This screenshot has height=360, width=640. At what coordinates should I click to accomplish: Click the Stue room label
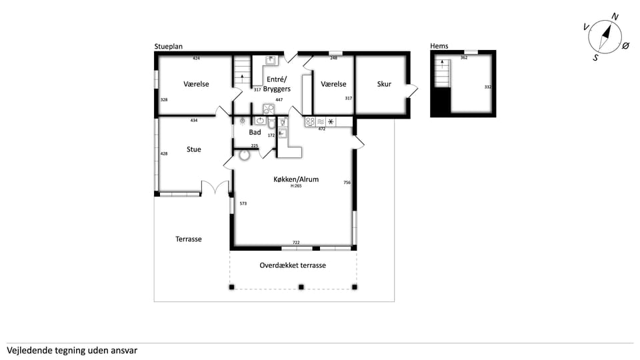pos(194,149)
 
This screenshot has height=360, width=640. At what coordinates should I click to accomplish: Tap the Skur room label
pos(384,84)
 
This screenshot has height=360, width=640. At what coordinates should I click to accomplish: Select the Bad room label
pos(255,132)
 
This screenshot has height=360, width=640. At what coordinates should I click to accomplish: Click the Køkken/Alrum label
pos(296,179)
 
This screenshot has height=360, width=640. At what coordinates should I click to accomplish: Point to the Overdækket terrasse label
pos(293,265)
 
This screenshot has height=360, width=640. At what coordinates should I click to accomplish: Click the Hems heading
pos(439,46)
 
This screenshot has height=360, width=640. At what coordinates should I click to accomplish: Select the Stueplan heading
pos(168,47)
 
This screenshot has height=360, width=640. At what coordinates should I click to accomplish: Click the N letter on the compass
pos(615,17)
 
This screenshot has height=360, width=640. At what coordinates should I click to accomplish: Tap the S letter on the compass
pos(595,58)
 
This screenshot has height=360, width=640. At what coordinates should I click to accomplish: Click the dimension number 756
pos(347,183)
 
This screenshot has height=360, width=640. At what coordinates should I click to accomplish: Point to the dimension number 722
pos(296,243)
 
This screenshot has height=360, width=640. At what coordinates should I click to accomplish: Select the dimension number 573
pos(243,203)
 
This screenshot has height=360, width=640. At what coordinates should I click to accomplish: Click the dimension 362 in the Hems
pos(464,57)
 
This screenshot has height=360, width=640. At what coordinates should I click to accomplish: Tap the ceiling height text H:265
pos(296,186)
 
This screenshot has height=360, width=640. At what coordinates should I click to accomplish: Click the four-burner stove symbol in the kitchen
pos(310,121)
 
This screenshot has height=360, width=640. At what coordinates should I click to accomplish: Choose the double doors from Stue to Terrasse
pos(215,187)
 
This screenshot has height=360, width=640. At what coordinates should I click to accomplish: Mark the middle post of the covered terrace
pos(301,287)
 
